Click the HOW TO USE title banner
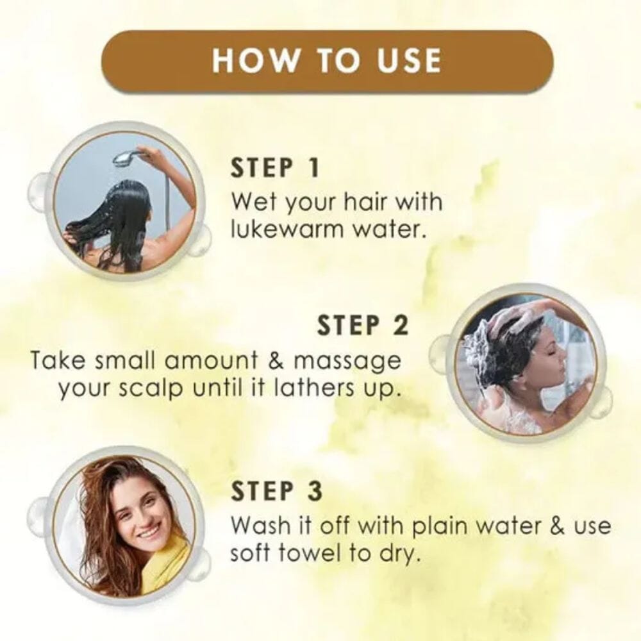327,60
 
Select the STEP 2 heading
362,326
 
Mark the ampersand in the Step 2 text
276,361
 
